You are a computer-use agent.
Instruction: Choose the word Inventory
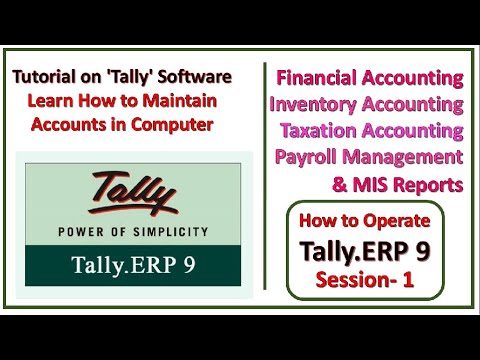[315, 105]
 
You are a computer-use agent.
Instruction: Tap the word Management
[410, 157]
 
